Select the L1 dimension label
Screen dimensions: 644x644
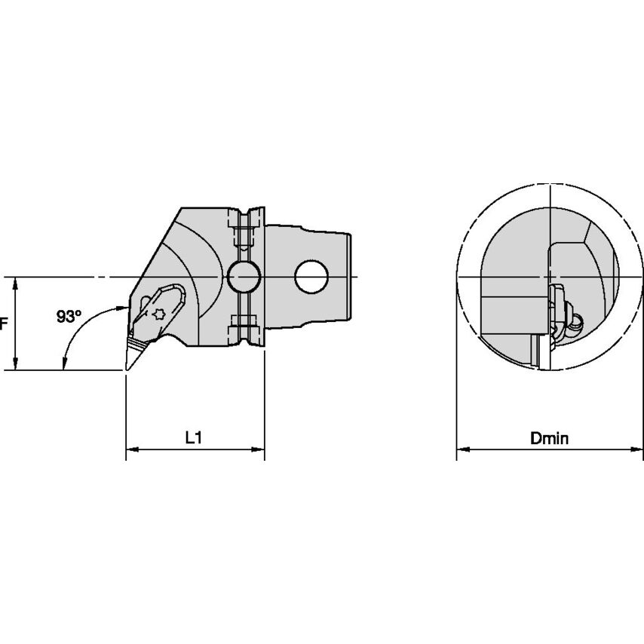click(x=194, y=438)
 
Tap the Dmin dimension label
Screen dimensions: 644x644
click(x=549, y=439)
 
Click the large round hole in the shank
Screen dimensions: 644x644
click(x=311, y=277)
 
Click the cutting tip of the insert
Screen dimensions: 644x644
click(x=127, y=370)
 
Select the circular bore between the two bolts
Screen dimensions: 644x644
click(x=244, y=277)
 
